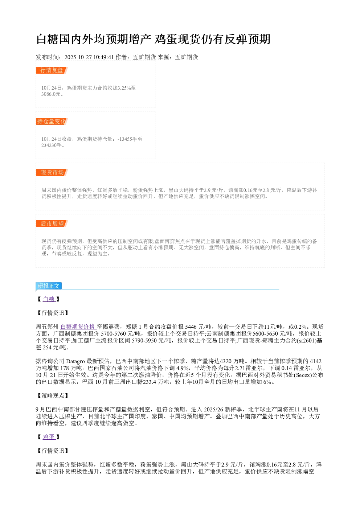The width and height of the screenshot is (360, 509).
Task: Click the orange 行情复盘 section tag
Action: click(x=52, y=70)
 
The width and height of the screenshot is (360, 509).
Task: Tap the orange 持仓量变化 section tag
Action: click(x=52, y=121)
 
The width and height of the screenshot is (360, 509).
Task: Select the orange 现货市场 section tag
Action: click(x=52, y=172)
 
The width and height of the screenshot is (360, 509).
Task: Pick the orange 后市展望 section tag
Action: click(x=52, y=223)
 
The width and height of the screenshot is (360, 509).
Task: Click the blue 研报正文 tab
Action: click(x=49, y=286)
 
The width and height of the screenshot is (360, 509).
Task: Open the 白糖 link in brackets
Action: click(x=49, y=299)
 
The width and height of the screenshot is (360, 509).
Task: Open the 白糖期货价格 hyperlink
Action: click(x=78, y=327)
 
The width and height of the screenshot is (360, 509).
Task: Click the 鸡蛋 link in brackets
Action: click(x=49, y=437)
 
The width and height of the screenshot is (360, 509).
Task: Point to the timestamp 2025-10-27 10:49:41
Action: click(x=89, y=57)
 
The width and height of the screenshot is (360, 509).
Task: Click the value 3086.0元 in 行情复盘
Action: click(x=51, y=94)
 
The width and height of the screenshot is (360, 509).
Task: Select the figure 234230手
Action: click(x=52, y=145)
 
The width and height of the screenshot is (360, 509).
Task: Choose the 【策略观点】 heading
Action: click(x=53, y=395)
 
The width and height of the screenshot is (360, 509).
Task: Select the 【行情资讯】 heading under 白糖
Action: click(x=53, y=313)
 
